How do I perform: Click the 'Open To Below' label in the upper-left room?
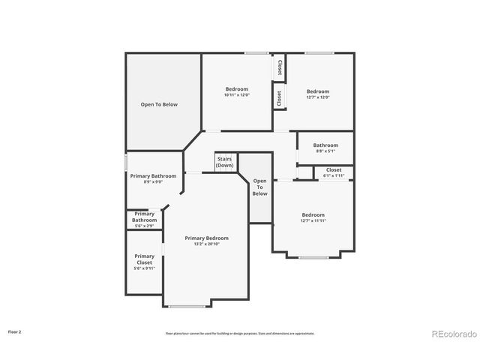pyautogui.click(x=159, y=104)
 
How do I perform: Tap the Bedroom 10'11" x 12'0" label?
pyautogui.click(x=236, y=92)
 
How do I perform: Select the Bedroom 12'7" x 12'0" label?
pyautogui.click(x=318, y=94)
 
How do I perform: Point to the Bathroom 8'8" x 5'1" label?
pyautogui.click(x=325, y=148)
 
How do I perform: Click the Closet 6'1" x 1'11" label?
pyautogui.click(x=334, y=172)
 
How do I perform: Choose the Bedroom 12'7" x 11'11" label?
pyautogui.click(x=313, y=217)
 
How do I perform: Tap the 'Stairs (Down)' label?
pyautogui.click(x=224, y=162)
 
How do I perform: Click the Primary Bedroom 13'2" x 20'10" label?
pyautogui.click(x=206, y=241)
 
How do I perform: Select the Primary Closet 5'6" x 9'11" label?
pyautogui.click(x=144, y=262)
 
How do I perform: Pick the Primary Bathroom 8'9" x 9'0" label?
pyautogui.click(x=153, y=178)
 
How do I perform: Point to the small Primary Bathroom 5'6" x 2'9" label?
pyautogui.click(x=144, y=219)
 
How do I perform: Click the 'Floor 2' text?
pyautogui.click(x=15, y=331)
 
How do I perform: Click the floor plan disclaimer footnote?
pyautogui.click(x=240, y=334)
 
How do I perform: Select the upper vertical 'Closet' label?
pyautogui.click(x=280, y=67)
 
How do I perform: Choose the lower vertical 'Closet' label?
pyautogui.click(x=280, y=97)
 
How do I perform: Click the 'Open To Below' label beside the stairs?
pyautogui.click(x=259, y=187)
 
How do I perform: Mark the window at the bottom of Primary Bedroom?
pyautogui.click(x=187, y=306)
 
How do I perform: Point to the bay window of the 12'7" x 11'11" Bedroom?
pyautogui.click(x=313, y=257)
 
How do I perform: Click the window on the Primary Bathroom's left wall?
pyautogui.click(x=126, y=162)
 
